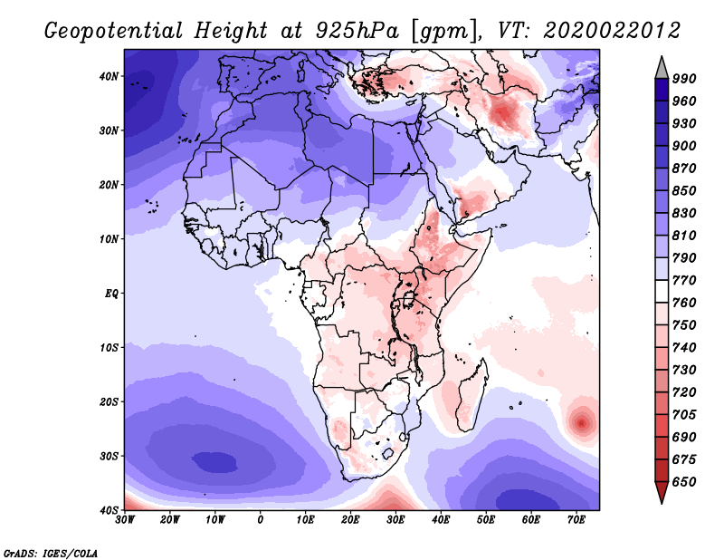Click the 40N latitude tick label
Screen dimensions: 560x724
(109, 76)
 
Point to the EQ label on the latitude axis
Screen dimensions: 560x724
(110, 294)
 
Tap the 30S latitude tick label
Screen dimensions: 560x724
(109, 456)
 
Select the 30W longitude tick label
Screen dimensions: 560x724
(125, 519)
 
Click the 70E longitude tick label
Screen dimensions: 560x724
(576, 519)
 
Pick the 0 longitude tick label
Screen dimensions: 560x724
(261, 519)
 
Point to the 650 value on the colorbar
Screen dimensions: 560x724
(684, 482)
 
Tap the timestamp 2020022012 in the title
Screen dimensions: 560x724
(611, 31)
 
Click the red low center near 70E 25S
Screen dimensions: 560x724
(580, 421)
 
